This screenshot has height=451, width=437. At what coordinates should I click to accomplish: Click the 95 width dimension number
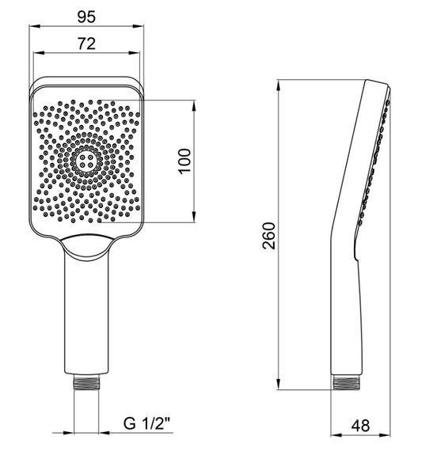pos(86,17)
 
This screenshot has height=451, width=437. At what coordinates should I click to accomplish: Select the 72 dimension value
pos(86,44)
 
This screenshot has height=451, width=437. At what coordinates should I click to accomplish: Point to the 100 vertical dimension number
pos(184,161)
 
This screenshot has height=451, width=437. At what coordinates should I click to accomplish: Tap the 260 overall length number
pos(269,236)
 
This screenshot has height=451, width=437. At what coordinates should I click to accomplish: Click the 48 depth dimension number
pos(360,426)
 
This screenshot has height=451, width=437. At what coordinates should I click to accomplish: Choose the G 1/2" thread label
pos(146,423)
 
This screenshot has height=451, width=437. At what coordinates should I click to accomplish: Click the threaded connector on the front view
pos(86,382)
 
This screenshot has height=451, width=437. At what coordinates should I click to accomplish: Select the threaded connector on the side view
pos(345,382)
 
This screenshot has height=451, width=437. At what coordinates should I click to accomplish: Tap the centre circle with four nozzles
pos(86,161)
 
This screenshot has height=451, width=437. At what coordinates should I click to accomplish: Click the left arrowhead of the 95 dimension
pos(34,26)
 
